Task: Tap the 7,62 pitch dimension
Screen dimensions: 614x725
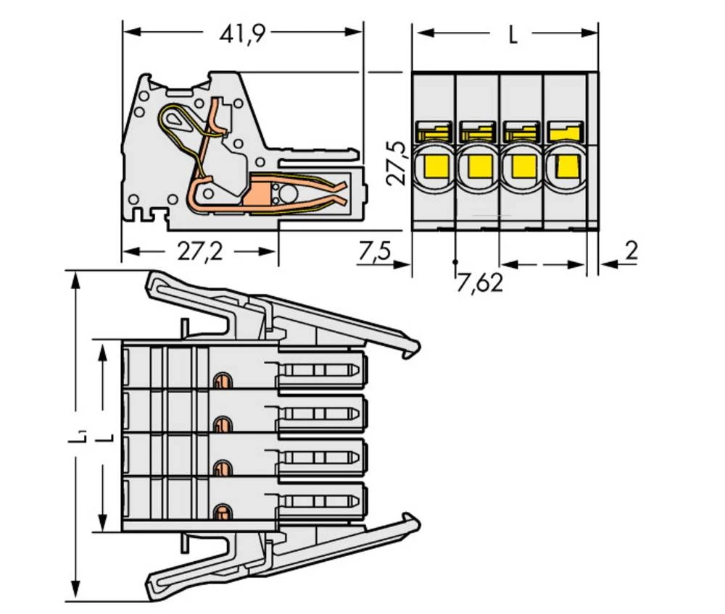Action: [x=479, y=282]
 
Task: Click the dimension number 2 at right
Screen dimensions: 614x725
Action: [x=631, y=251]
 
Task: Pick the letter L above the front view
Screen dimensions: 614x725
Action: [x=513, y=35]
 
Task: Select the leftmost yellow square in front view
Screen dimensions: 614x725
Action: [x=434, y=167]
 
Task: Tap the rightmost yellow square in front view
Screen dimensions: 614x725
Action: [x=565, y=167]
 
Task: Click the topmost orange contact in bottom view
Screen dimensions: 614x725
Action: [x=221, y=380]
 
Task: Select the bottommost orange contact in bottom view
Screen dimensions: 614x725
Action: [x=220, y=514]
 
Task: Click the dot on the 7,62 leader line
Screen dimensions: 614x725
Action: [x=456, y=261]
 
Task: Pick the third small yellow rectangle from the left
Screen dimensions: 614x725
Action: [x=521, y=133]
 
